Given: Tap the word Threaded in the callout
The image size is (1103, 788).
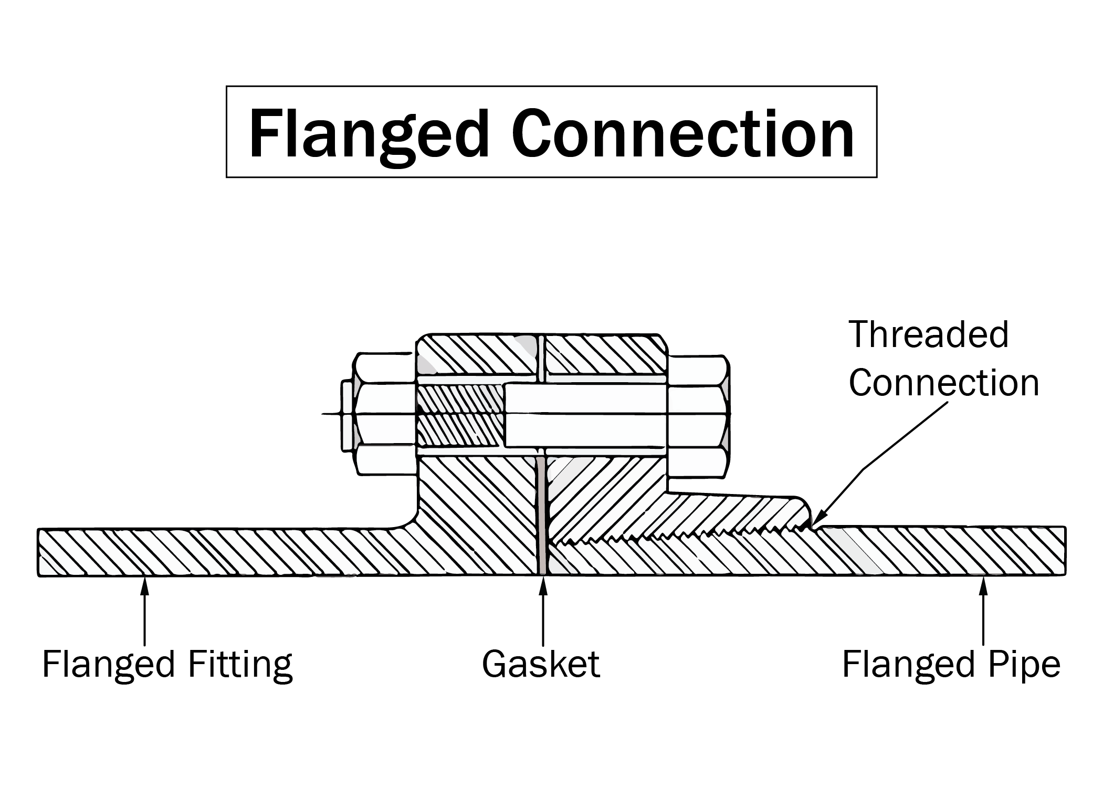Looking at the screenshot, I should (x=928, y=335).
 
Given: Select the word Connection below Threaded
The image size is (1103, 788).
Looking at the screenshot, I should (x=943, y=383).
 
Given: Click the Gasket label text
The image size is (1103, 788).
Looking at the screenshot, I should (x=541, y=665).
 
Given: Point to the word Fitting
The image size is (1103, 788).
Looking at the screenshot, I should (x=239, y=665).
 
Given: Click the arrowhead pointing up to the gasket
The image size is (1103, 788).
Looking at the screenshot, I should (x=543, y=585).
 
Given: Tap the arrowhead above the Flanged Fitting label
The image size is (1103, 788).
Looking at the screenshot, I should (x=144, y=585).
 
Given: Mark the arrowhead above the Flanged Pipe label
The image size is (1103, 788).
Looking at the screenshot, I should (x=983, y=585).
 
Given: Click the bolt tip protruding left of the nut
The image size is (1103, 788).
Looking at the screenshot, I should (x=346, y=415).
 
